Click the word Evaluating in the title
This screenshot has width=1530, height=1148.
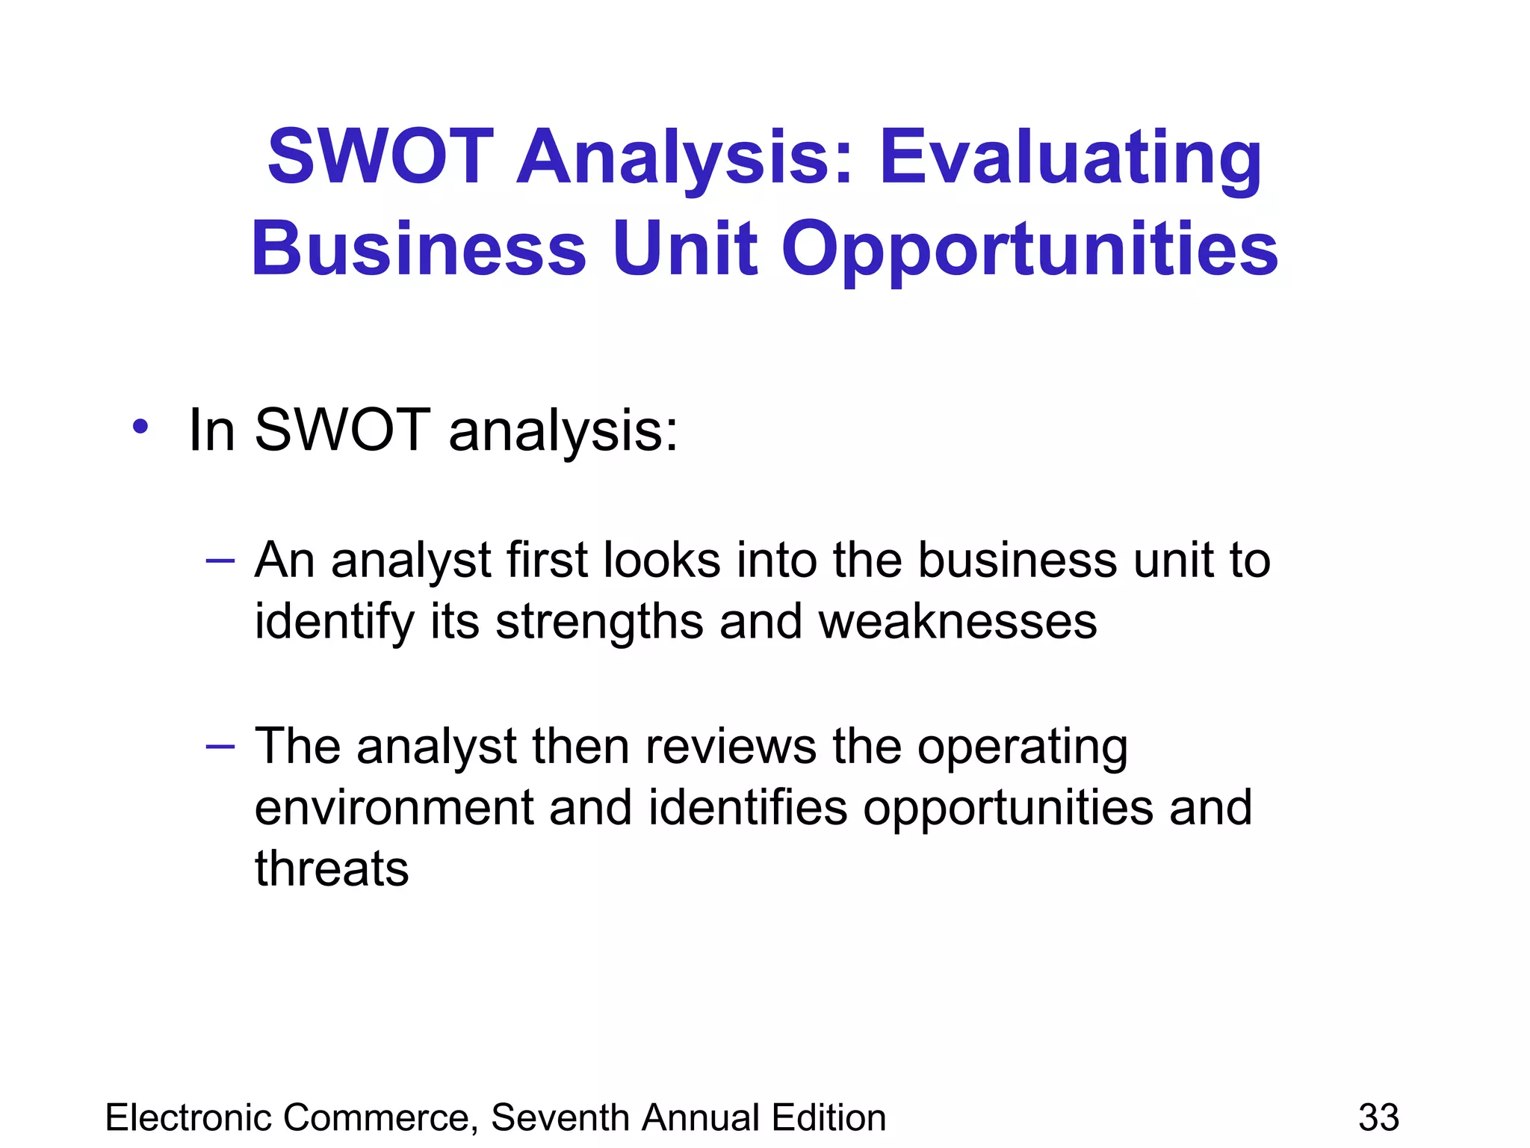1070,158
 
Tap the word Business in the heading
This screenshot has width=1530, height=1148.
418,248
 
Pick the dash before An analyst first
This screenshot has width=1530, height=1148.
220,561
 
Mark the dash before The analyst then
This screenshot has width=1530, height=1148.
220,746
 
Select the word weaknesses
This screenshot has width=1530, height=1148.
958,622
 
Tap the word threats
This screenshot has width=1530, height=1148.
332,868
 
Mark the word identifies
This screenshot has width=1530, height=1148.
748,808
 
